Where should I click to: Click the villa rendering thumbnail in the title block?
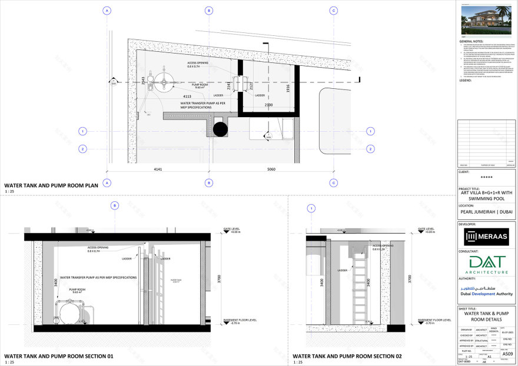(x=486, y=19)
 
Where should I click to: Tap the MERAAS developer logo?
(x=486, y=237)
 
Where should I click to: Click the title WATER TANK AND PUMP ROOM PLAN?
(x=51, y=185)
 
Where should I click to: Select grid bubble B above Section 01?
(x=115, y=205)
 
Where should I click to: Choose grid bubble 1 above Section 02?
(x=311, y=208)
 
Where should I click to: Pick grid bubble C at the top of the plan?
(x=334, y=11)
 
